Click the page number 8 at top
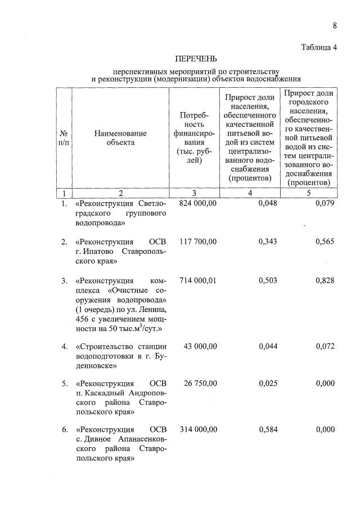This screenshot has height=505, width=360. (x=335, y=25)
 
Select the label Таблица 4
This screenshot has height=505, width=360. (x=318, y=47)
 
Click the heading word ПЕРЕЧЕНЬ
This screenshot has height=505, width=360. (x=195, y=59)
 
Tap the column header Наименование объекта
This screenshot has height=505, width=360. (x=120, y=138)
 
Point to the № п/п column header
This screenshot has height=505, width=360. (x=64, y=138)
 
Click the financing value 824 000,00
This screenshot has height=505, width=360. (x=198, y=203)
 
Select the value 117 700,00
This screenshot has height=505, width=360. (x=198, y=242)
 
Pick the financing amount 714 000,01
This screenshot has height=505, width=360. (x=198, y=280)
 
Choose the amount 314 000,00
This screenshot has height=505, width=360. (x=198, y=430)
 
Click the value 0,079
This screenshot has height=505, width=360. (x=325, y=203)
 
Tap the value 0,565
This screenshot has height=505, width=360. (x=325, y=242)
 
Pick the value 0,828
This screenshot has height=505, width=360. (x=325, y=280)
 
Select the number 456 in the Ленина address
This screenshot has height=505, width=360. (x=82, y=319)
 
